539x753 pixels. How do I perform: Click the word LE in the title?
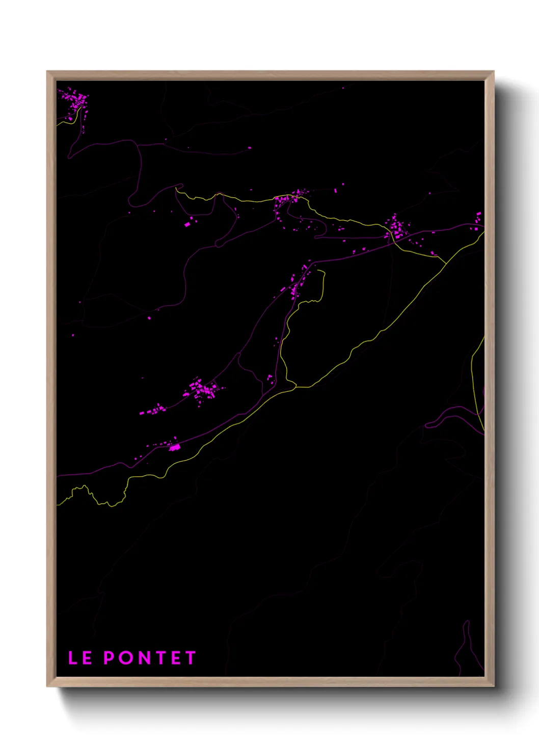point(80,658)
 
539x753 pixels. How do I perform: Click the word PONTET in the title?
point(150,658)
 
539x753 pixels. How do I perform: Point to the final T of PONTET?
point(191,658)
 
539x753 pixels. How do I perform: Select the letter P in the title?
point(109,658)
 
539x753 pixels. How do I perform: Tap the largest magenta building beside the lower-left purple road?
point(175,447)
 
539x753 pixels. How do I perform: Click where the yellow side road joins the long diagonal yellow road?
point(295,387)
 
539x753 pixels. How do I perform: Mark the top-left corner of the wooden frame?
point(47,72)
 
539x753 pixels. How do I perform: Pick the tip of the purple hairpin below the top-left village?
point(70,155)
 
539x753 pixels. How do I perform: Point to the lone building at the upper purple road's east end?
point(250,148)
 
